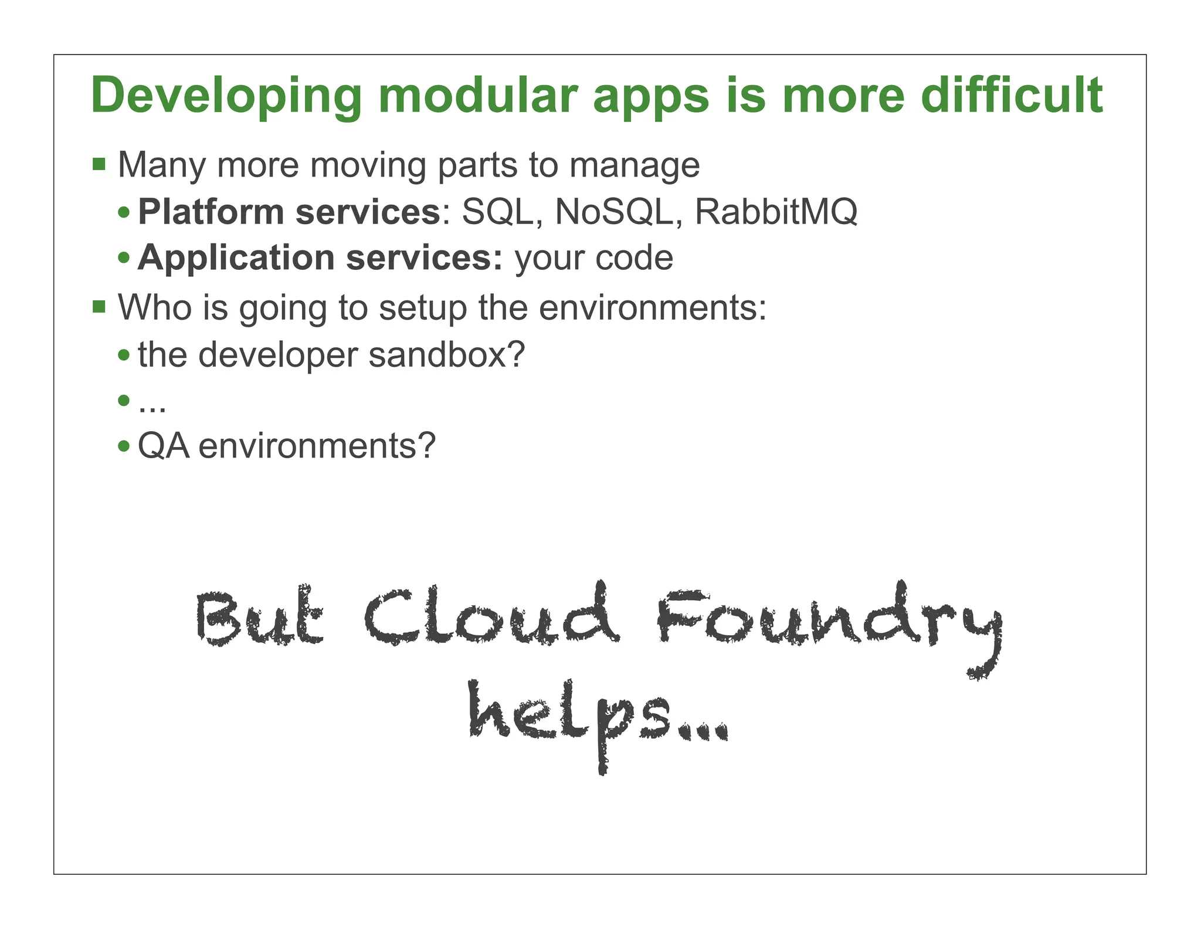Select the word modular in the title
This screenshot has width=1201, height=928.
478,95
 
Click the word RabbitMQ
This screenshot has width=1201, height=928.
776,212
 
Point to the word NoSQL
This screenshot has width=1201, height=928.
614,212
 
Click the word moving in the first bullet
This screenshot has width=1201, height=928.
369,166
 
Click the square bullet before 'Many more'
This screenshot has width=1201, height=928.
99,164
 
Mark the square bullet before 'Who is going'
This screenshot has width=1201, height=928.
99,306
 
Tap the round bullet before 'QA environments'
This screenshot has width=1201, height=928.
124,446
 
